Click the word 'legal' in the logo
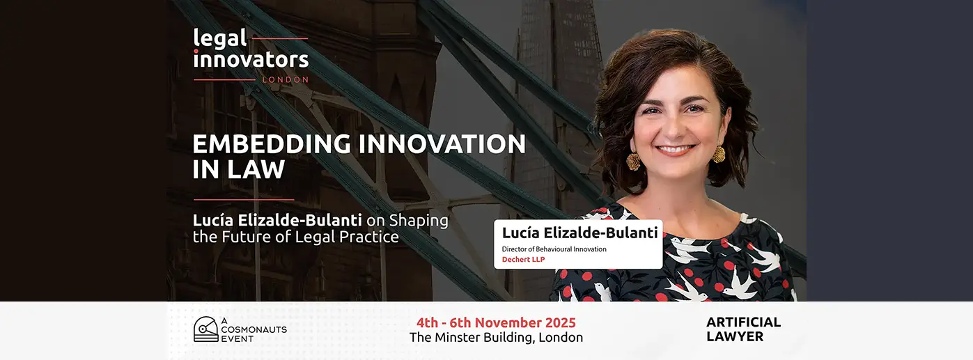(x=220, y=40)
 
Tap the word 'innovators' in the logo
(x=251, y=59)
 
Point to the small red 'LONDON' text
(x=286, y=80)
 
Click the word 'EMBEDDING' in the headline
(x=272, y=143)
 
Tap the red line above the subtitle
(x=244, y=200)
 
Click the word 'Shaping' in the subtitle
(x=419, y=221)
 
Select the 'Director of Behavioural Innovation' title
(x=554, y=249)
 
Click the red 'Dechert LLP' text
(x=523, y=260)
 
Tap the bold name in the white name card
(x=579, y=233)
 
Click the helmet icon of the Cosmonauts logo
(x=206, y=329)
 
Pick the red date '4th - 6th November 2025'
(x=496, y=322)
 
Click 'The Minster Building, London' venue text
(x=496, y=338)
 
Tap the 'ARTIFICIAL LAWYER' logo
(x=743, y=329)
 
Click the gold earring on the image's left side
(x=633, y=161)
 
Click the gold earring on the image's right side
(x=717, y=154)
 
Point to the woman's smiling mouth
(x=675, y=150)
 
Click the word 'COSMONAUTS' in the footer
(x=254, y=329)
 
